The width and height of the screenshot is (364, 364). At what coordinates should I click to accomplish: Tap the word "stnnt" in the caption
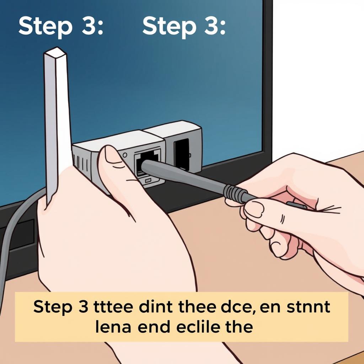point(308,307)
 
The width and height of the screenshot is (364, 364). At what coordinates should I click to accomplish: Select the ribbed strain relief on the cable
point(232,192)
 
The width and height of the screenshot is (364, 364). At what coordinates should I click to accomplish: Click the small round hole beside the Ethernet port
point(125,155)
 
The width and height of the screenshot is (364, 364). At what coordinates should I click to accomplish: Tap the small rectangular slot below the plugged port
point(148,180)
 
